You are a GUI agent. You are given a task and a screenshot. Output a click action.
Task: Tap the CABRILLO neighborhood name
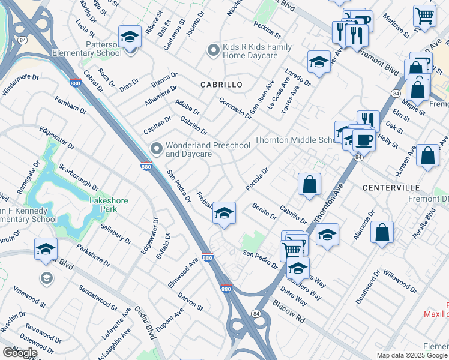(x=221, y=85)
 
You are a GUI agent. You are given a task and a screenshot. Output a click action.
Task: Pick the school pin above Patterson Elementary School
(x=130, y=37)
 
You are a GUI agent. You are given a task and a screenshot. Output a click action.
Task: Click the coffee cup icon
(x=363, y=140)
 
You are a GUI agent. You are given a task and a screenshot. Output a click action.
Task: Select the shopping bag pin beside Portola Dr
(x=309, y=184)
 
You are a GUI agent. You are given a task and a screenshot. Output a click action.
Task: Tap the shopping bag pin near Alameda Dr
(x=382, y=232)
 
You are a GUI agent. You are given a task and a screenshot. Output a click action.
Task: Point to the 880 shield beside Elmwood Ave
(x=207, y=257)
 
